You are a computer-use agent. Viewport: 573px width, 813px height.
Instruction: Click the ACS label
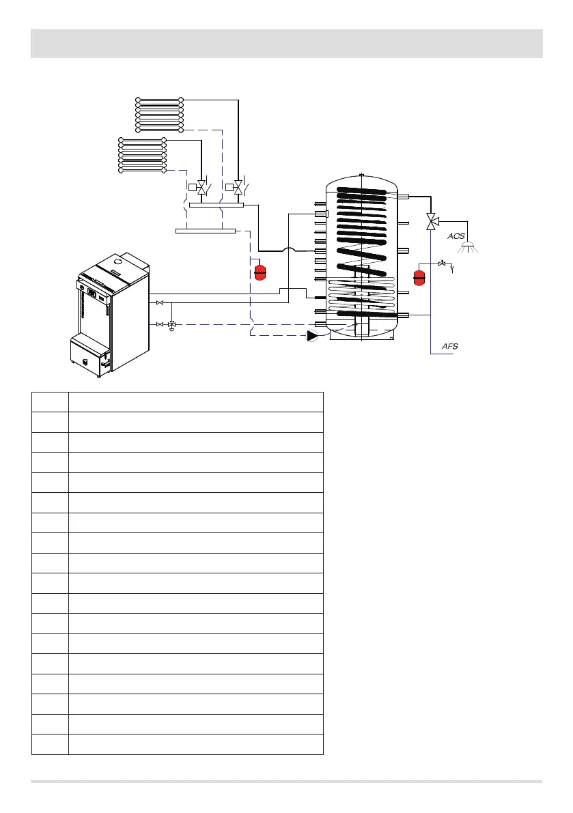[x=456, y=236]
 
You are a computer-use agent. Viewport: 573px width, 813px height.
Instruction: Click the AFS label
[x=449, y=347]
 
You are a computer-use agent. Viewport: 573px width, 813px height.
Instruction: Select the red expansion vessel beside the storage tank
[x=419, y=278]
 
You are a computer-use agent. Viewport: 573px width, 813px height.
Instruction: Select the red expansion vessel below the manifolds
[x=260, y=272]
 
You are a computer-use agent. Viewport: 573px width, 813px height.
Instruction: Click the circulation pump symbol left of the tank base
[x=313, y=335]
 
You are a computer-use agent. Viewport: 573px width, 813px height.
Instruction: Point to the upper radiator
[x=159, y=115]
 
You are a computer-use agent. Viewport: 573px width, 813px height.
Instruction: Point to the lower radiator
[x=142, y=156]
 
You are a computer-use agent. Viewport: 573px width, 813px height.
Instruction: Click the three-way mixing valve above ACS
[x=431, y=221]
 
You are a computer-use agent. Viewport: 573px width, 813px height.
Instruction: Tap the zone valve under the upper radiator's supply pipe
[x=238, y=186]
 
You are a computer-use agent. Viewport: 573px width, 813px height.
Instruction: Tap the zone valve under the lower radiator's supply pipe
[x=201, y=186]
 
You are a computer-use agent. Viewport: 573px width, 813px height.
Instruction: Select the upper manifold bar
[x=216, y=204]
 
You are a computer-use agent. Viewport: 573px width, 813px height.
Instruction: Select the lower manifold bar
[x=206, y=231]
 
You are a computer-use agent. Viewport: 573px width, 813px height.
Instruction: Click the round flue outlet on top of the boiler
[x=118, y=260]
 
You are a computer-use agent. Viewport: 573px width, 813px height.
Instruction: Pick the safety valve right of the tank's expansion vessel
[x=443, y=263]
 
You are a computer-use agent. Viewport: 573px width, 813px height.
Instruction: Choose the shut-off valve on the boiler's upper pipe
[x=159, y=302]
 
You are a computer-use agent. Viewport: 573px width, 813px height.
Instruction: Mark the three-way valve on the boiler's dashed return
[x=171, y=324]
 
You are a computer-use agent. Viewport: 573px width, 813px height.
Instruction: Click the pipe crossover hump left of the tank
[x=290, y=251]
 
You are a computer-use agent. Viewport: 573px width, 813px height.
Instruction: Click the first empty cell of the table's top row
[x=50, y=401]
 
